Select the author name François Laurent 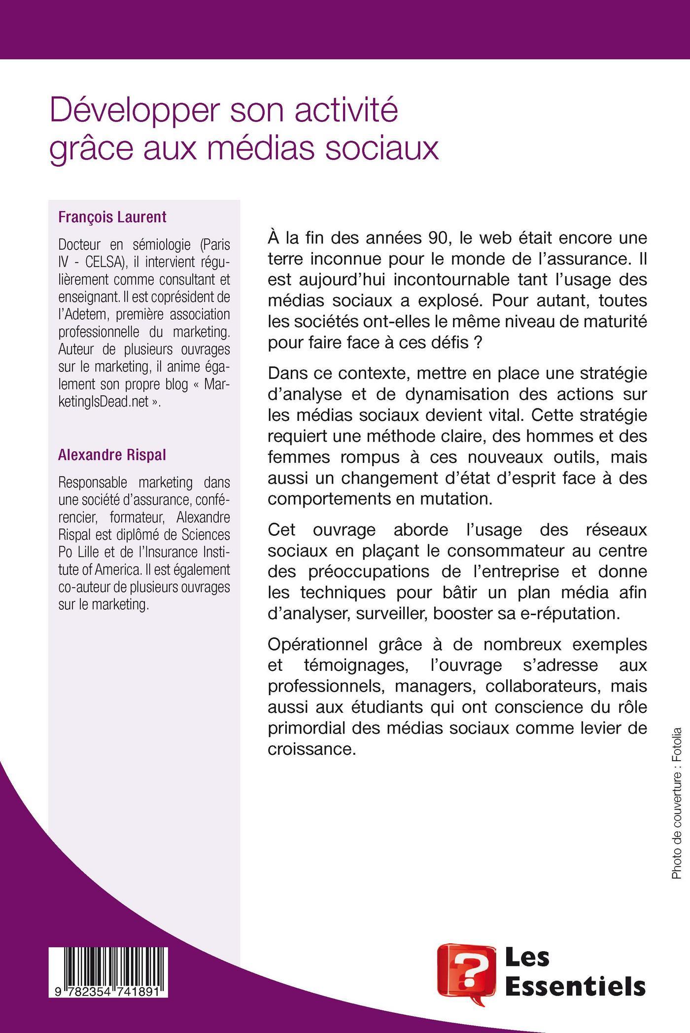click(112, 217)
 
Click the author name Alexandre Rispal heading click(112, 455)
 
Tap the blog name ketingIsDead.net click(103, 402)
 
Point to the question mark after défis click(477, 342)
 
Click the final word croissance click(311, 749)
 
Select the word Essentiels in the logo click(576, 987)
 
